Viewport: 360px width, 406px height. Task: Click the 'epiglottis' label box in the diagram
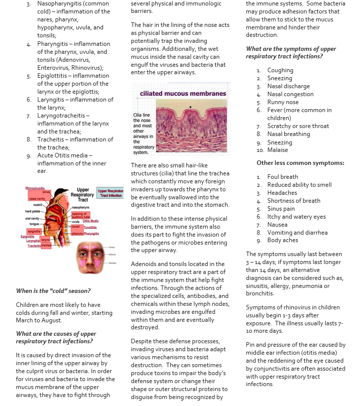pyautogui.click(x=34, y=231)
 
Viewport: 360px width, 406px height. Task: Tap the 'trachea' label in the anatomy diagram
pyautogui.click(x=46, y=246)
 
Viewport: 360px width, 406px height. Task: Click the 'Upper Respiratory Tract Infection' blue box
pyautogui.click(x=110, y=193)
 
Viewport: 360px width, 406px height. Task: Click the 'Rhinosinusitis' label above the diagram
pyautogui.click(x=36, y=188)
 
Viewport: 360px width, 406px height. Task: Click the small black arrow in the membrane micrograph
pyautogui.click(x=190, y=107)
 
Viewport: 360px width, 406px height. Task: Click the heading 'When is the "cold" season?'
pyautogui.click(x=53, y=291)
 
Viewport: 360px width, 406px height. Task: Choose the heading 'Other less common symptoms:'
pyautogui.click(x=300, y=163)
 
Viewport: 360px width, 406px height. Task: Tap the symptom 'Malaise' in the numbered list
pyautogui.click(x=277, y=150)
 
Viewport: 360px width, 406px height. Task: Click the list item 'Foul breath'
pyautogui.click(x=282, y=176)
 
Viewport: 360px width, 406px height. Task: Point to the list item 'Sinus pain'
pyautogui.click(x=281, y=209)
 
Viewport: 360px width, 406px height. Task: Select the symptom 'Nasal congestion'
pyautogui.click(x=290, y=94)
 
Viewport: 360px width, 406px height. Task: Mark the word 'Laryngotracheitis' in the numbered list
pyautogui.click(x=63, y=116)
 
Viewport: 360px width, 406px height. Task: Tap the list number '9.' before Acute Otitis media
pyautogui.click(x=29, y=155)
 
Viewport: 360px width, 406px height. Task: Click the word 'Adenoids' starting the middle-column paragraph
pyautogui.click(x=143, y=264)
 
